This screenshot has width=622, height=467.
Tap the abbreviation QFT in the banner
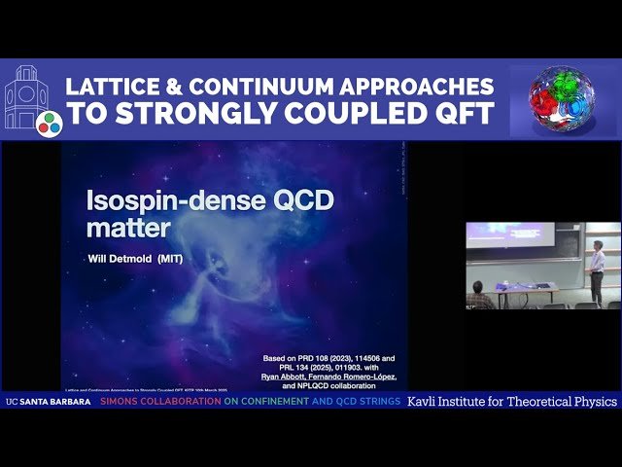(x=454, y=113)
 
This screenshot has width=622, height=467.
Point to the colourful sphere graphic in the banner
(x=562, y=101)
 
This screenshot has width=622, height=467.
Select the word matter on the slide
(x=128, y=230)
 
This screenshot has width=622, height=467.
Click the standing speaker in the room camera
(x=597, y=272)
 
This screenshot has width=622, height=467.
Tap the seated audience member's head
(x=477, y=287)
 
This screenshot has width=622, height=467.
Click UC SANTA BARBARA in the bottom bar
(x=49, y=402)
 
